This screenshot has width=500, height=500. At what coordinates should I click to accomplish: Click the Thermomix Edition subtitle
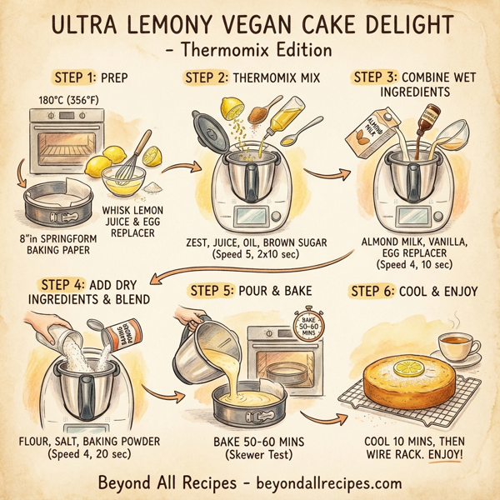[x=250, y=50]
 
